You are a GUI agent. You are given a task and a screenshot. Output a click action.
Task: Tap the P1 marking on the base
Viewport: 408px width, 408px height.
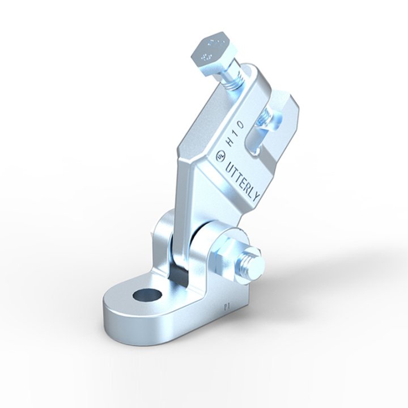point(227,307)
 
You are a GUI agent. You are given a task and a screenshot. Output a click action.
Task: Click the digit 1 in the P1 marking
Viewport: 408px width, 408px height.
point(229,307)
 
